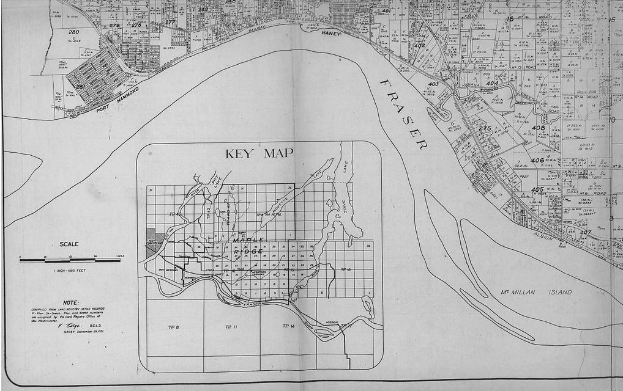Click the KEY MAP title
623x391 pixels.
pos(259,153)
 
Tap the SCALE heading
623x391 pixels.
pos(69,244)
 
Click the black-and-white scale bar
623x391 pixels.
pos(70,260)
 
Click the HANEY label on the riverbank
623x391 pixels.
pos(331,34)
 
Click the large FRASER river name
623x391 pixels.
pos(402,114)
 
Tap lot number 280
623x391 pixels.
pos(73,32)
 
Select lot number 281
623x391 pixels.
pos(80,87)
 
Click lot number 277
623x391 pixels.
pos(170,22)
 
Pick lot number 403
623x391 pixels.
pos(433,84)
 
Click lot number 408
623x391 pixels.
pos(538,128)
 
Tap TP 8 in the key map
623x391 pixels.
pos(173,328)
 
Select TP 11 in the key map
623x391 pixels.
pos(230,328)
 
